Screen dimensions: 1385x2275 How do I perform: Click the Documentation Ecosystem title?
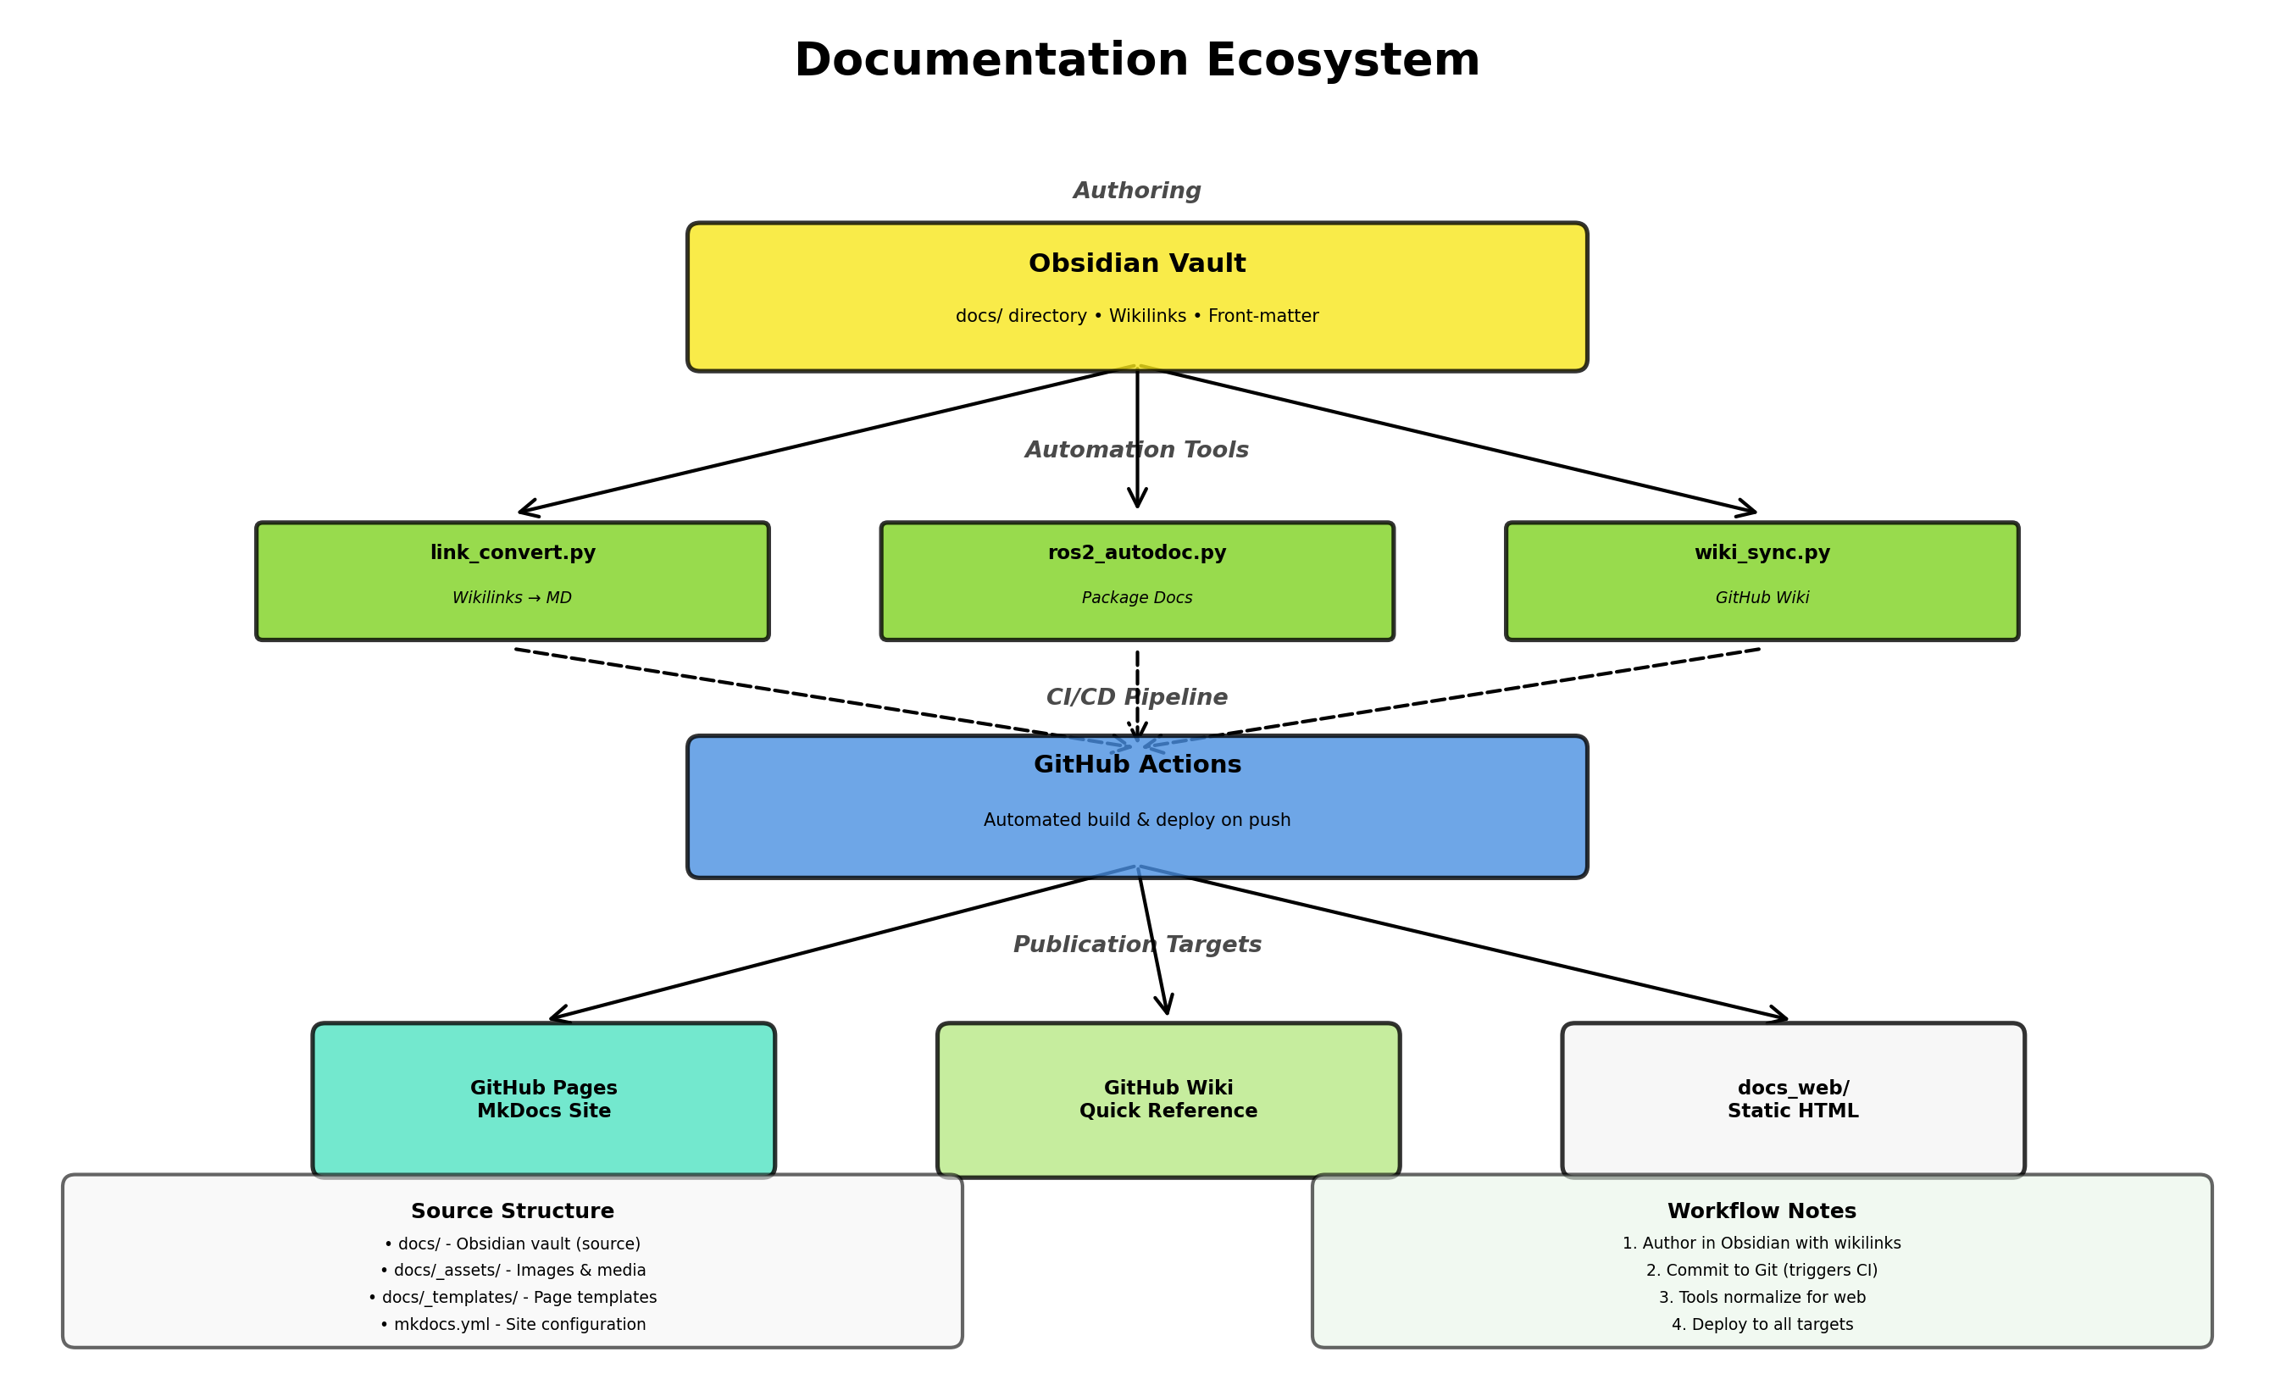point(1136,61)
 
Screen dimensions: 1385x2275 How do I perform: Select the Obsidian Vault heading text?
point(1136,263)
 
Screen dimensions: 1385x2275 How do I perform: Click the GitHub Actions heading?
point(1136,765)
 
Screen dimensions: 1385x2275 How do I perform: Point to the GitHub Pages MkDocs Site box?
point(544,1099)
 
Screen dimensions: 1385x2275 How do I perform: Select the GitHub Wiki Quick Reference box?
point(1168,1099)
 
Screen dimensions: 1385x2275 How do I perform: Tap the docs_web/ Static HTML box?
point(1793,1099)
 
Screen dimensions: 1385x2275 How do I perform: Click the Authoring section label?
point(1136,191)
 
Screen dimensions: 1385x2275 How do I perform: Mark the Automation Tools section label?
point(1136,450)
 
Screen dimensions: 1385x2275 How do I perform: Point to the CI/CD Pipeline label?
point(1136,697)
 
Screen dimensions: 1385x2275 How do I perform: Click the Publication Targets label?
point(1136,945)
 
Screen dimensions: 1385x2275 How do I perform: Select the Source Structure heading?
point(513,1210)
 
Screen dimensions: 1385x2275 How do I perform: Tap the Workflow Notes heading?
point(1762,1210)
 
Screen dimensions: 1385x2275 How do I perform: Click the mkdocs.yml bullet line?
point(513,1324)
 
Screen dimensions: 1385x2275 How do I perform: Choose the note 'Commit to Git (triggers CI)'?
point(1762,1271)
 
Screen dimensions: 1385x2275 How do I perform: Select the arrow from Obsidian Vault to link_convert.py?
point(813,442)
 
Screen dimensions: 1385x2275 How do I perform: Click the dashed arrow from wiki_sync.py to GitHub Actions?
point(1478,695)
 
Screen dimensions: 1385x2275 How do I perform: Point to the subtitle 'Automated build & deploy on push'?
point(1136,820)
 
